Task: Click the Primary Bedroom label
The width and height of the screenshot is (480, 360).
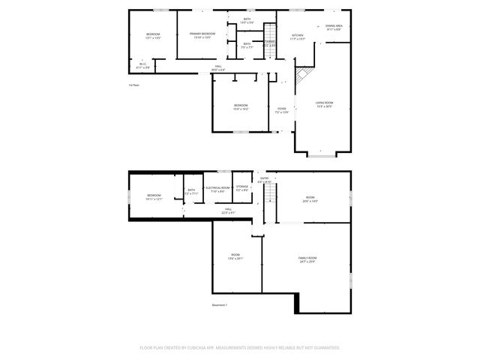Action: (202, 35)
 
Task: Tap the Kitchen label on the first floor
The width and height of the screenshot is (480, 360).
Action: (298, 37)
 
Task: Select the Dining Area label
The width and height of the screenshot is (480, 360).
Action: (334, 28)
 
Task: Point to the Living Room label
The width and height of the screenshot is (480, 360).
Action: (324, 104)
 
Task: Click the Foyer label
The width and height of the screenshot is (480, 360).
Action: (281, 110)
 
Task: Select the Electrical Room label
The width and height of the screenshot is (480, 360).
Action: (217, 189)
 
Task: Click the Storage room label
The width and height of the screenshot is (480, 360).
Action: (242, 187)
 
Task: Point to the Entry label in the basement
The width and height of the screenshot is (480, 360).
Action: (264, 179)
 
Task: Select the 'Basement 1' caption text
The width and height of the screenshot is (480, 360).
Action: (219, 305)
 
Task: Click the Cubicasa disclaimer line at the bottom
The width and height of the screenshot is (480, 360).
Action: (240, 348)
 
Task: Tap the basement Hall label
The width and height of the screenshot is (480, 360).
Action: (228, 211)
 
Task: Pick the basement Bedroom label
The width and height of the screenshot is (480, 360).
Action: (154, 196)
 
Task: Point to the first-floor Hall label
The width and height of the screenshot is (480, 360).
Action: (218, 68)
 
